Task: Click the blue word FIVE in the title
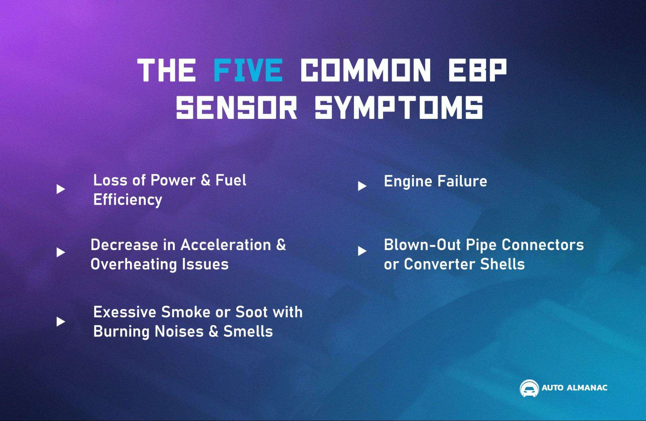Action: [248, 70]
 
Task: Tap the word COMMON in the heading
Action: [365, 70]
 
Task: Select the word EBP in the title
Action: [477, 70]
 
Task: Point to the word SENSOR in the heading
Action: [236, 107]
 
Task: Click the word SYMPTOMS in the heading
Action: [399, 107]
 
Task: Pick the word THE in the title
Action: [166, 70]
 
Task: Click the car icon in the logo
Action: [529, 388]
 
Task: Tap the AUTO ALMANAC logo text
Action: [574, 388]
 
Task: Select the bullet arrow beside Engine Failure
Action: [362, 186]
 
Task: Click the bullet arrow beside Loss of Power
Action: [61, 189]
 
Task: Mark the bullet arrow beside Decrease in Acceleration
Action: [61, 252]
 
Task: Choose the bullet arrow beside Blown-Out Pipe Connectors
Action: [362, 251]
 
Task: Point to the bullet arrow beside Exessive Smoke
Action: [61, 321]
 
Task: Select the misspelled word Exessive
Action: [125, 312]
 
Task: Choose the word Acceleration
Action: [226, 245]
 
